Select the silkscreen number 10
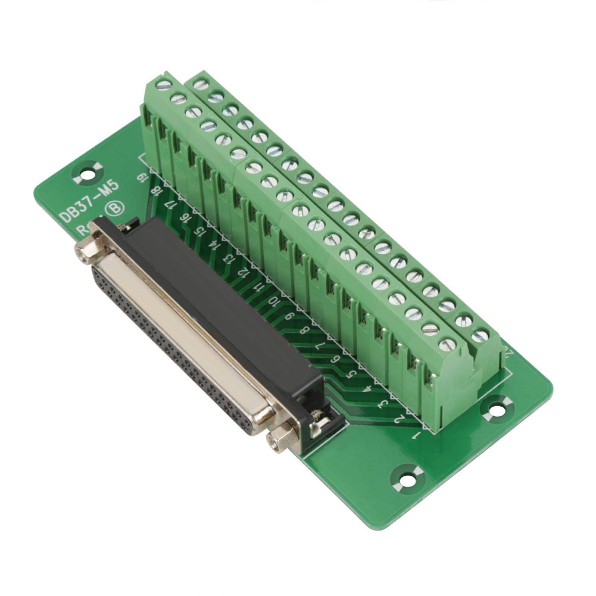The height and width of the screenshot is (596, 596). point(274,301)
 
